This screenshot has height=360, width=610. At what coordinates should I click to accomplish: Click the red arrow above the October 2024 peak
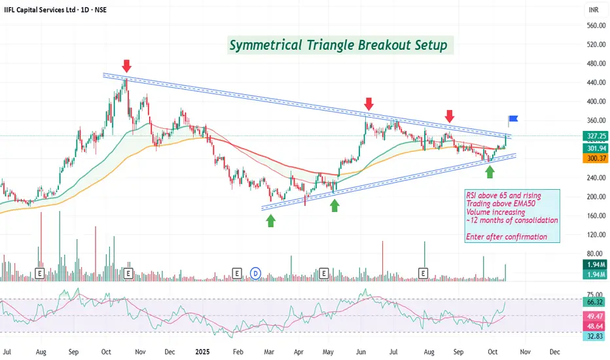pyautogui.click(x=127, y=65)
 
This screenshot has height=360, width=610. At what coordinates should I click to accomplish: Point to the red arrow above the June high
pyautogui.click(x=369, y=104)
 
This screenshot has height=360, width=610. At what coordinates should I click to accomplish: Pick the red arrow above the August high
pyautogui.click(x=450, y=117)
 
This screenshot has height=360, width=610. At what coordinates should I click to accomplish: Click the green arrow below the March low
pyautogui.click(x=271, y=221)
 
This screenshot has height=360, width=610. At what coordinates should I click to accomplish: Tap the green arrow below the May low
pyautogui.click(x=335, y=206)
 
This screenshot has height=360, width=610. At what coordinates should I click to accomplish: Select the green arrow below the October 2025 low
pyautogui.click(x=490, y=171)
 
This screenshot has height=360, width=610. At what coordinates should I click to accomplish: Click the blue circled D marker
pyautogui.click(x=256, y=272)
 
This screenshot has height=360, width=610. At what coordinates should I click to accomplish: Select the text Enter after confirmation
pyautogui.click(x=506, y=237)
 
